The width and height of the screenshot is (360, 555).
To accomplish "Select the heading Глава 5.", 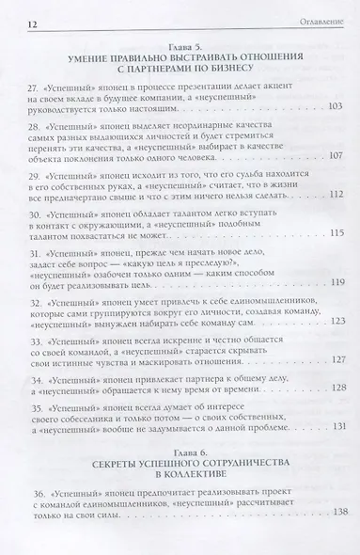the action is tap(179, 45).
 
